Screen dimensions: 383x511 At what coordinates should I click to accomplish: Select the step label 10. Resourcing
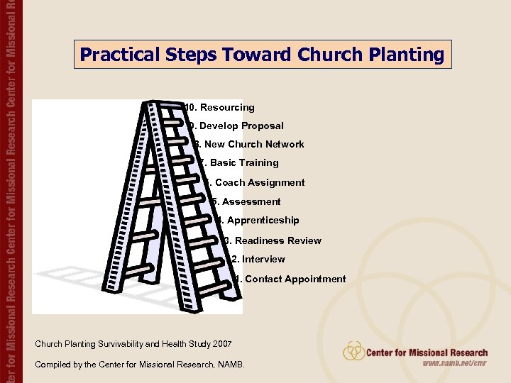(x=219, y=108)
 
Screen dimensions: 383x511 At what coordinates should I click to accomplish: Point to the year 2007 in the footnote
(x=221, y=344)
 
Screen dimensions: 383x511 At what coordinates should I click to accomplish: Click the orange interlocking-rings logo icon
(x=353, y=350)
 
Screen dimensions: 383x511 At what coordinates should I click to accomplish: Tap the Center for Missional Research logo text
(x=427, y=353)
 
